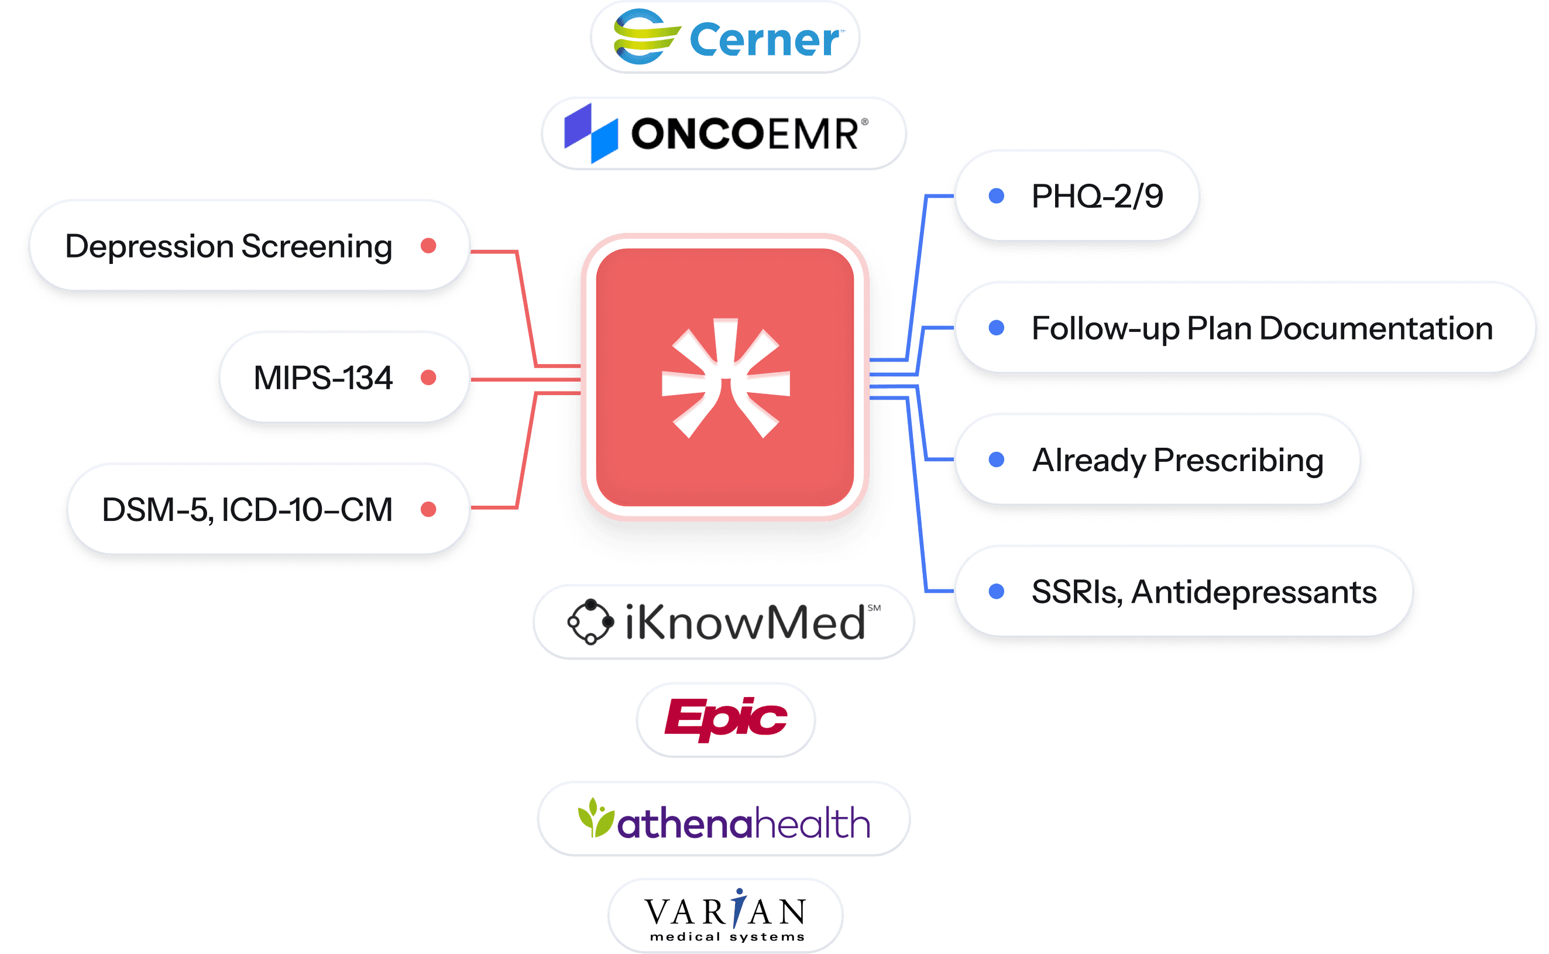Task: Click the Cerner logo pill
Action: [x=724, y=37]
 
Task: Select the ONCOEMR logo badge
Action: [x=723, y=133]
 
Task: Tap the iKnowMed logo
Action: [x=723, y=622]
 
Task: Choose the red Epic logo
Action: [x=725, y=719]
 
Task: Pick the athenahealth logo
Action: [x=723, y=819]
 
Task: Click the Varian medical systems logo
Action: [x=725, y=915]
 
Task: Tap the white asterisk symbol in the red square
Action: [x=725, y=378]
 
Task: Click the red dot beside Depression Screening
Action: [x=428, y=245]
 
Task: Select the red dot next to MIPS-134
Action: [x=428, y=378]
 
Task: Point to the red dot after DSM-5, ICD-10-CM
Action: [x=428, y=509]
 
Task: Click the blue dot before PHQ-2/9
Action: [x=997, y=195]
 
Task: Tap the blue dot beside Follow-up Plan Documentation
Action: [x=997, y=328]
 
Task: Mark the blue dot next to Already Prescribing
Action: [x=997, y=459]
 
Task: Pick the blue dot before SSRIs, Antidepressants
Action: [x=997, y=591]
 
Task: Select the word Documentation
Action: [x=1376, y=329]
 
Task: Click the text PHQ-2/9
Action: [x=1097, y=196]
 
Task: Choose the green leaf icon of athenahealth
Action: [x=595, y=818]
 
